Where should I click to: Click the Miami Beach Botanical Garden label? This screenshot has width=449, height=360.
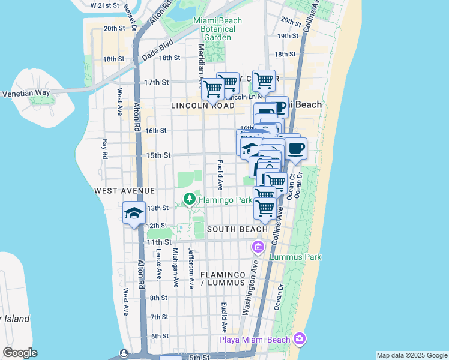[217, 29]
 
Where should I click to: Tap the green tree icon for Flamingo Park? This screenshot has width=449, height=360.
[190, 198]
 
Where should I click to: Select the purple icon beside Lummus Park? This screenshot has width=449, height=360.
[258, 247]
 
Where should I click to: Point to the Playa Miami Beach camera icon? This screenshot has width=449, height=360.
[299, 340]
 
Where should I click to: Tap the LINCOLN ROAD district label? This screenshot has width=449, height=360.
[202, 106]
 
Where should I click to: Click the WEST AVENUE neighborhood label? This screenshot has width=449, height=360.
[116, 190]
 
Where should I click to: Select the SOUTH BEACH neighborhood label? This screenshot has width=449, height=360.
[237, 229]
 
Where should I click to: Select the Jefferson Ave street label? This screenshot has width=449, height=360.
[191, 268]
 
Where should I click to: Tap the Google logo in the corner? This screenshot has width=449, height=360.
[20, 353]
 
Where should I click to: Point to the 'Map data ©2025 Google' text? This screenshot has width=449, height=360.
[411, 355]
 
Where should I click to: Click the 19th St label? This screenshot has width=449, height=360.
[288, 36]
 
